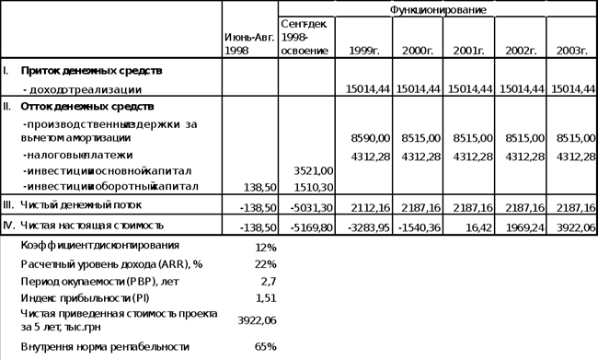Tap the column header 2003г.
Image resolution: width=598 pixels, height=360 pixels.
pos(571,51)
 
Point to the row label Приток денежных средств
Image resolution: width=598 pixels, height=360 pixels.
pos(91,71)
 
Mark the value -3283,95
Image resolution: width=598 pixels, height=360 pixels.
pos(368,225)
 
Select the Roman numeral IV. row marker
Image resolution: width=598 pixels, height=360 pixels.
pos(7,225)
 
